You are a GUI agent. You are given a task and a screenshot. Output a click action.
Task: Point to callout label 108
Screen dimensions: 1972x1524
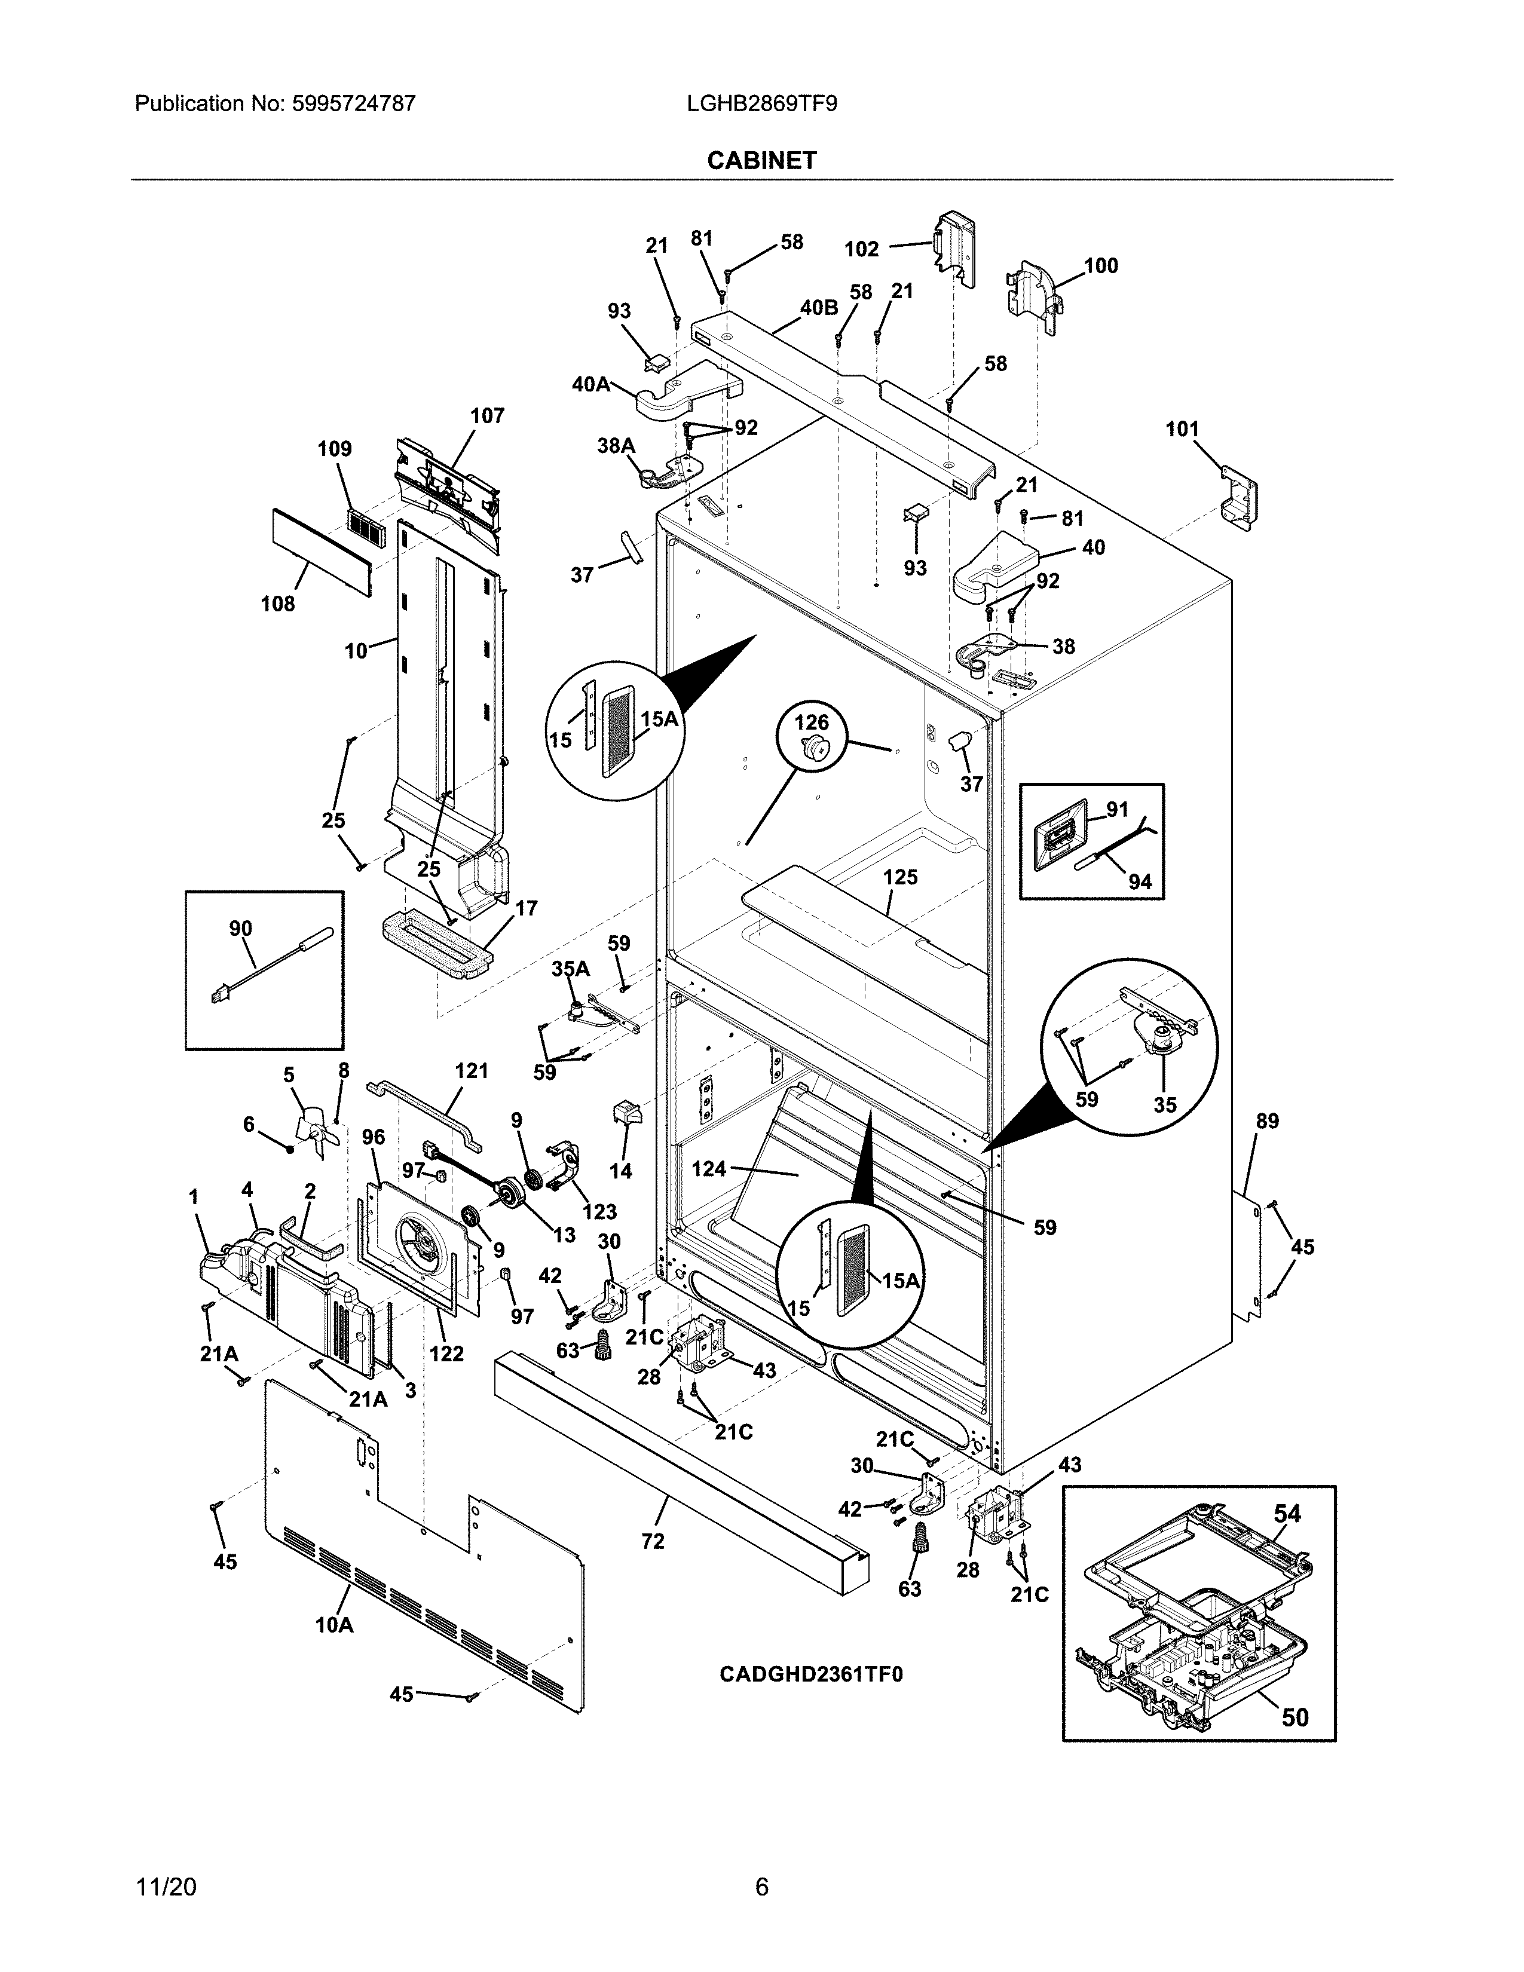click(x=277, y=604)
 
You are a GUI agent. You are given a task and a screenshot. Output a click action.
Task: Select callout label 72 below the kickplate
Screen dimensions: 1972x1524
click(x=652, y=1541)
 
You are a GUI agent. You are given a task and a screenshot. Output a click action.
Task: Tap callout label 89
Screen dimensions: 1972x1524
click(x=1268, y=1122)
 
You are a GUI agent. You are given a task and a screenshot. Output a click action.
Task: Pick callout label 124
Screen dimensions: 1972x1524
click(x=709, y=1169)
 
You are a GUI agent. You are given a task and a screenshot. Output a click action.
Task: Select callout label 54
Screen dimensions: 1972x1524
click(x=1287, y=1514)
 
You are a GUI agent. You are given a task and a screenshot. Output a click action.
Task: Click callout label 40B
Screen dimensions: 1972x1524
click(x=818, y=308)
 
